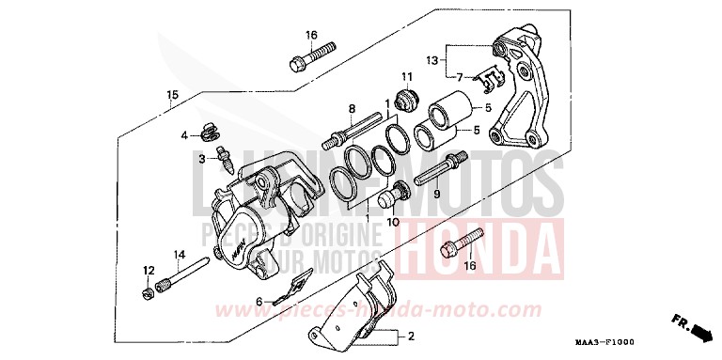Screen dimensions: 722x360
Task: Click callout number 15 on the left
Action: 172,95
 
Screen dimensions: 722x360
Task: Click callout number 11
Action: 407,76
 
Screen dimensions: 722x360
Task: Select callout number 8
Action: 351,109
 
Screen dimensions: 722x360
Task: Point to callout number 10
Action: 393,223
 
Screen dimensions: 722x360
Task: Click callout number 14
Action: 178,255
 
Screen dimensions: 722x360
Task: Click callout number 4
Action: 185,134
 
